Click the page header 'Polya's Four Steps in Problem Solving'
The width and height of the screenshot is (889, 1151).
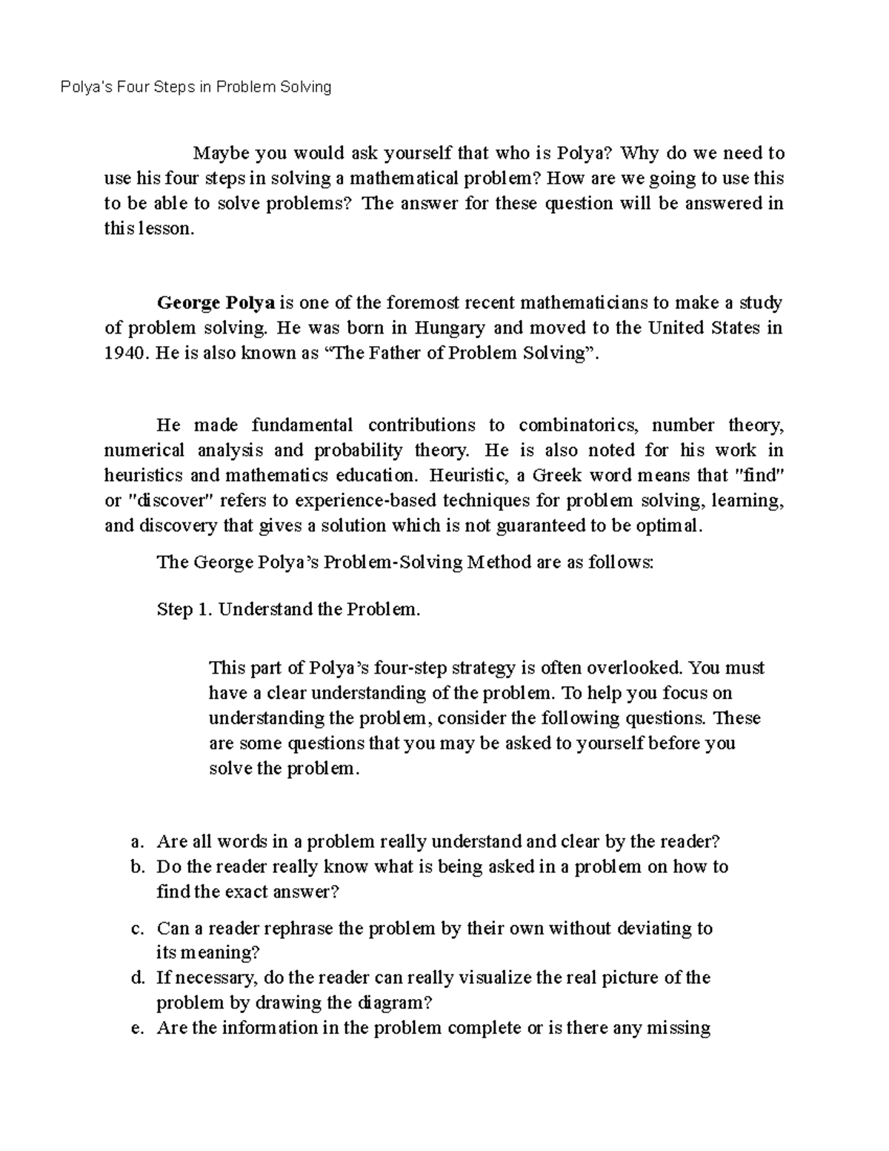click(196, 87)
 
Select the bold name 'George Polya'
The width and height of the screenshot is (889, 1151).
click(216, 302)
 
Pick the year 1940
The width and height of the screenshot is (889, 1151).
click(123, 353)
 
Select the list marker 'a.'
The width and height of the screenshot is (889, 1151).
click(136, 842)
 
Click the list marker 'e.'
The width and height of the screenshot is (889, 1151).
click(136, 1028)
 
